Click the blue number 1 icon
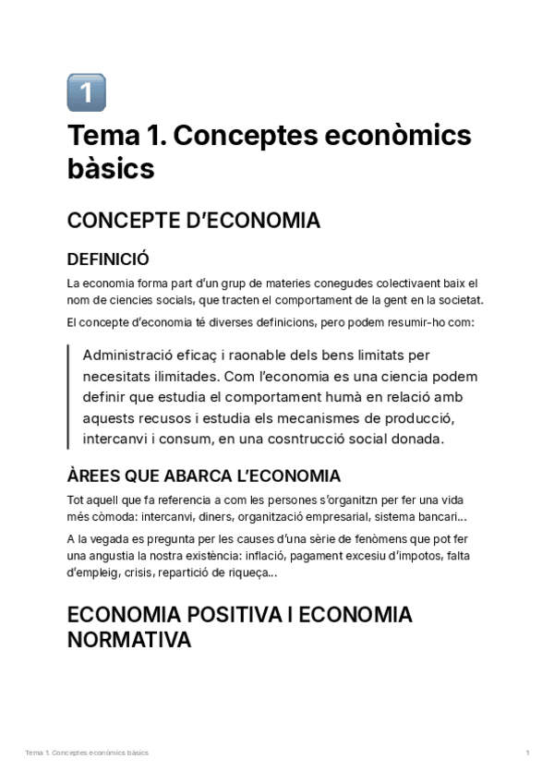tap(87, 92)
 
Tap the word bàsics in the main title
tap(111, 169)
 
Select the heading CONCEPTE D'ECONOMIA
tap(194, 221)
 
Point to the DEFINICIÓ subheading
tap(108, 259)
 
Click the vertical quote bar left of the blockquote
tap(69, 397)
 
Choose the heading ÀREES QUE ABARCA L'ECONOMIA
tap(204, 476)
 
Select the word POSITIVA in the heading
tap(230, 615)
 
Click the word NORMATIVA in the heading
tap(129, 640)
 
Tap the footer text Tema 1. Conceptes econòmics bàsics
tap(87, 753)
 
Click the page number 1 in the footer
tap(527, 753)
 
